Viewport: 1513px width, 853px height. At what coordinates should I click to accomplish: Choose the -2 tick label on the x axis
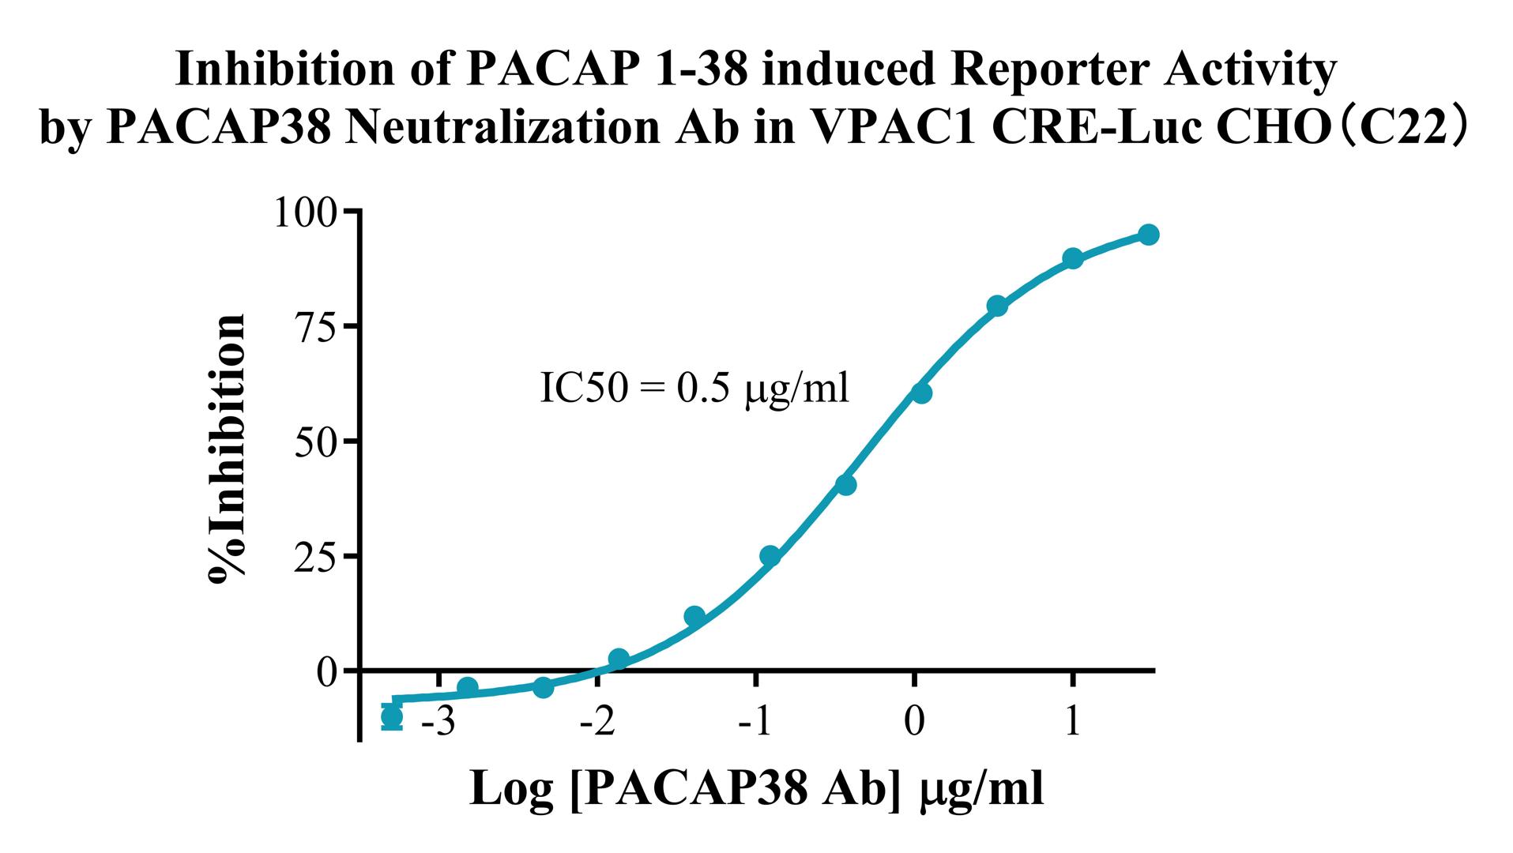597,722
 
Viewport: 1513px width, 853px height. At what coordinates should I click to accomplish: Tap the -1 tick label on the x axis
756,722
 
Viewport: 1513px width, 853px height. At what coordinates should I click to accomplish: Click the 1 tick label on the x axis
1072,722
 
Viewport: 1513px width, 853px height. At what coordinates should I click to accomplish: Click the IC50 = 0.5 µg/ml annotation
694,389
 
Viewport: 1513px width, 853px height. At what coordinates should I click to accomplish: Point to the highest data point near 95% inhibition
1149,235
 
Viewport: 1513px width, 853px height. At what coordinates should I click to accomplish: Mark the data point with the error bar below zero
391,717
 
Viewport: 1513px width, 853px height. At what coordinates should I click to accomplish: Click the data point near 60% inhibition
920,393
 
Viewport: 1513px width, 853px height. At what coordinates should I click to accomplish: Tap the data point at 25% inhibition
770,556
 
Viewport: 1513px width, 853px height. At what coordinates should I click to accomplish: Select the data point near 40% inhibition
845,484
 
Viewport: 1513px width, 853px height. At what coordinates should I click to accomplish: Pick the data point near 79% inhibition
997,306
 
